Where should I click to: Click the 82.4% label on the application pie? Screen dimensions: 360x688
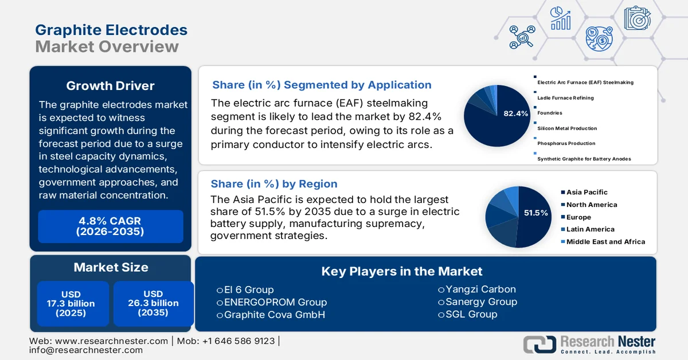pyautogui.click(x=515, y=114)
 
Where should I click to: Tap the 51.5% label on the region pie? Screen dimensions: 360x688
pyautogui.click(x=536, y=213)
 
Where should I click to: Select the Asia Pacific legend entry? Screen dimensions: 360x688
pyautogui.click(x=587, y=192)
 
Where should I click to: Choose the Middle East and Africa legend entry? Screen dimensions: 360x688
pyautogui.click(x=605, y=242)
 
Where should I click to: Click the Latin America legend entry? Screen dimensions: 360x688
pyautogui.click(x=590, y=229)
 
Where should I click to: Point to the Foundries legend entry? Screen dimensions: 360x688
pyautogui.click(x=549, y=113)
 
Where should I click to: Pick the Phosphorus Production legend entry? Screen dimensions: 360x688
pyautogui.click(x=566, y=143)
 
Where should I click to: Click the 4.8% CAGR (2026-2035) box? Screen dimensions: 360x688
pyautogui.click(x=110, y=226)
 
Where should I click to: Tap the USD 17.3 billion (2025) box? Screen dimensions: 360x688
pyautogui.click(x=71, y=303)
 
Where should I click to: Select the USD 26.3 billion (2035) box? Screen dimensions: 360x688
pyautogui.click(x=153, y=303)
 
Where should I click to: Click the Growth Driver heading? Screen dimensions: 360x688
pyautogui.click(x=110, y=86)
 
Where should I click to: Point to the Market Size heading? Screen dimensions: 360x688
pyautogui.click(x=111, y=267)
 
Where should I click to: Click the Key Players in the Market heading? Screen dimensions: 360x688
pyautogui.click(x=401, y=271)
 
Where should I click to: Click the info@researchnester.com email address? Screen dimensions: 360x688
pyautogui.click(x=86, y=350)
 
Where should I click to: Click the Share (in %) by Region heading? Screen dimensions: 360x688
pyautogui.click(x=274, y=184)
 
